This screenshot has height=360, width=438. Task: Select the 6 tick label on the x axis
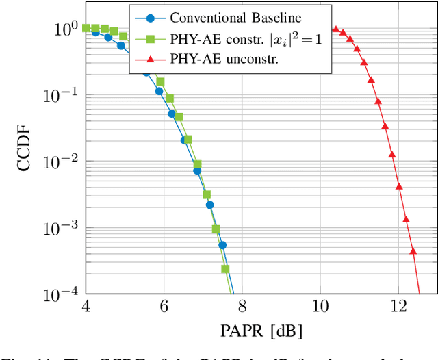click(164, 305)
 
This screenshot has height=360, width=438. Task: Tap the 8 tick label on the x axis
click(242, 305)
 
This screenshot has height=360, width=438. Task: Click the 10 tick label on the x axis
click(320, 305)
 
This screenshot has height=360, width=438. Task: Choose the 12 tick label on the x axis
click(398, 305)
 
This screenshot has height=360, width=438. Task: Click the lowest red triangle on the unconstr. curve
click(413, 251)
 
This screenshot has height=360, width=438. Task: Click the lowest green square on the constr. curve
click(226, 269)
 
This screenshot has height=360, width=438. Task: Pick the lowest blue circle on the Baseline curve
click(222, 244)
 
